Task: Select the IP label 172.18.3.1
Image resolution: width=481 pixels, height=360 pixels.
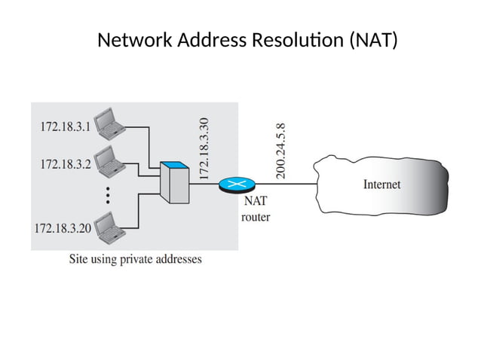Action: (64, 127)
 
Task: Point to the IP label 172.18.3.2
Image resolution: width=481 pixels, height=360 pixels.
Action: (64, 163)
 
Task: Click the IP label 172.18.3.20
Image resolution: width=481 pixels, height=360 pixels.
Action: (61, 227)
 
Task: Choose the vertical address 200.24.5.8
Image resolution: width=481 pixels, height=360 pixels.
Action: (280, 151)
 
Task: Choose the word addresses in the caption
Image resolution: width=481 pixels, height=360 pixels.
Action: (178, 260)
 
